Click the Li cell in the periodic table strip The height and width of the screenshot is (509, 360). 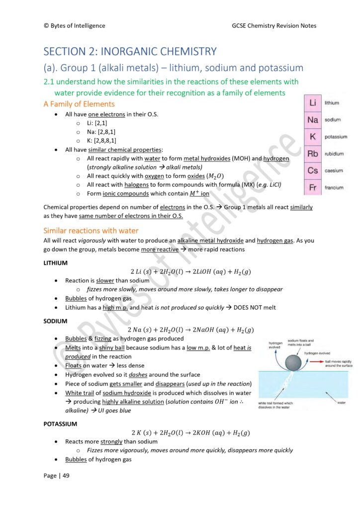click(312, 103)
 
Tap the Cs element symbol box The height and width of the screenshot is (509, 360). click(312, 170)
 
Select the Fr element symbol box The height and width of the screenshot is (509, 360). click(312, 187)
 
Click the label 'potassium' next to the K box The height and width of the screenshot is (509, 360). click(336, 137)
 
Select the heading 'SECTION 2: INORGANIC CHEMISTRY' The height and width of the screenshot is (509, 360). click(130, 51)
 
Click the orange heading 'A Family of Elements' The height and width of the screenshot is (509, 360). click(79, 104)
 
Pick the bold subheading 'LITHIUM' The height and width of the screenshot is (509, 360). click(56, 262)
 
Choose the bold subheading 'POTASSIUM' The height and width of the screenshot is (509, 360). click(60, 424)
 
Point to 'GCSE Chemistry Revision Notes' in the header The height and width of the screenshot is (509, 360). click(273, 26)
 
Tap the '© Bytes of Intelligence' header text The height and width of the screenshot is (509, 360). click(75, 26)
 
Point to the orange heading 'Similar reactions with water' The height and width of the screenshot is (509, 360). click(91, 231)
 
